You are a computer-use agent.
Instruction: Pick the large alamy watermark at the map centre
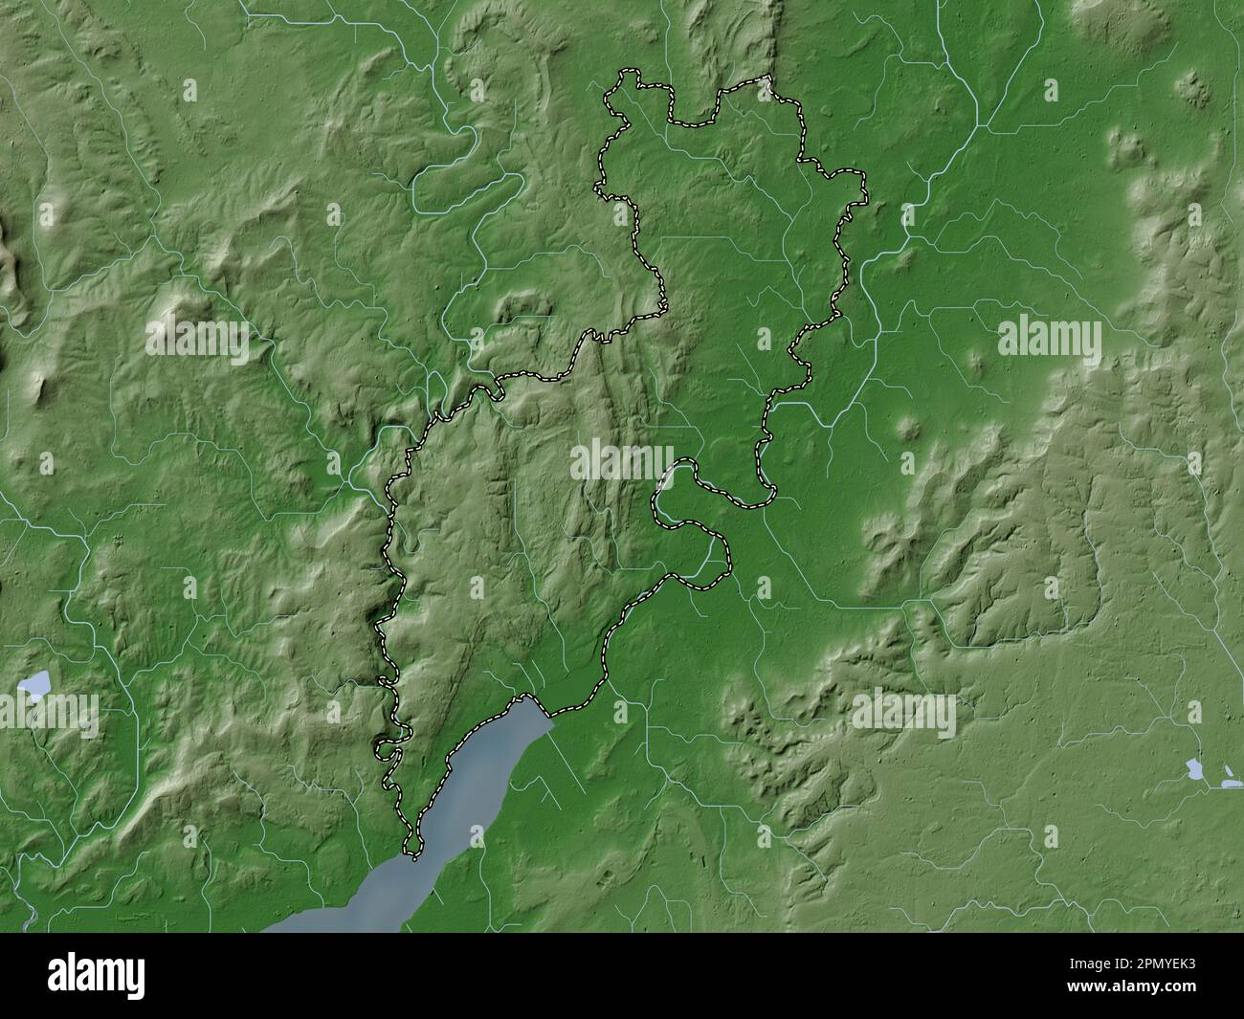pos(622,462)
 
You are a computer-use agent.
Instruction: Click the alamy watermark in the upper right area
pos(1049,338)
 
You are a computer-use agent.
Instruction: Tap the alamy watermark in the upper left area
pos(197,338)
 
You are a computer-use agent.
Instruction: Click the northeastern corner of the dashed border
pos(768,78)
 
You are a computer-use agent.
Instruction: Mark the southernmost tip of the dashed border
pos(412,852)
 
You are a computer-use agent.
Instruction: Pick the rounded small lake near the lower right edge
pos(1195,767)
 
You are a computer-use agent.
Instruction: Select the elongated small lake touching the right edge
pos(1232,784)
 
